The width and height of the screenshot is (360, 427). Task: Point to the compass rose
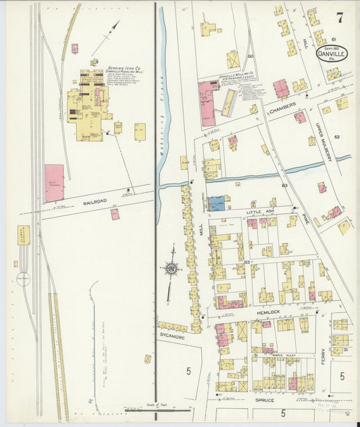click(x=172, y=270)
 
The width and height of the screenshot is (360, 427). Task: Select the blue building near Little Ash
click(x=217, y=203)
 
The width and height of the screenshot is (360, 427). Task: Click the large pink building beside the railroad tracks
click(x=55, y=183)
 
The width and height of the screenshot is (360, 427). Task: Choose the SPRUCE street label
click(x=264, y=400)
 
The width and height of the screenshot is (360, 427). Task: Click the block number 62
click(x=336, y=136)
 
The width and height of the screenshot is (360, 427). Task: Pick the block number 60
click(x=250, y=56)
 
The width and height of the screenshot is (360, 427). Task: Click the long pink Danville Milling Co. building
click(x=209, y=103)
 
